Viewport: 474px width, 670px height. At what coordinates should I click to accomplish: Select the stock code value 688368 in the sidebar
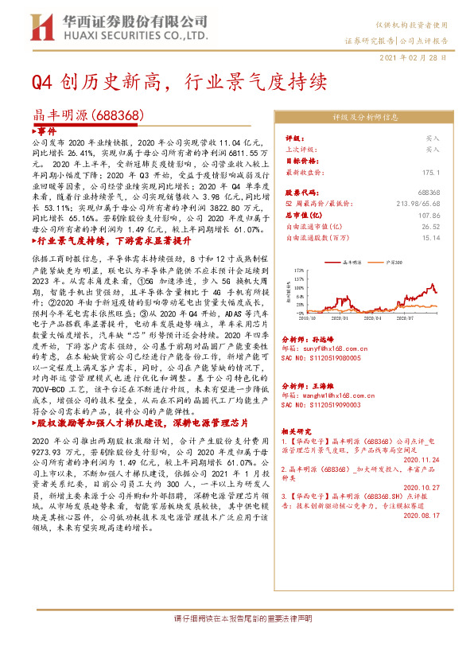coord(429,193)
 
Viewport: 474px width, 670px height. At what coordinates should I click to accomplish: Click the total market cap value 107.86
coord(429,215)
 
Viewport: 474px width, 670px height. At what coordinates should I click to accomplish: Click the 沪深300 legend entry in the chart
coord(390,260)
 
